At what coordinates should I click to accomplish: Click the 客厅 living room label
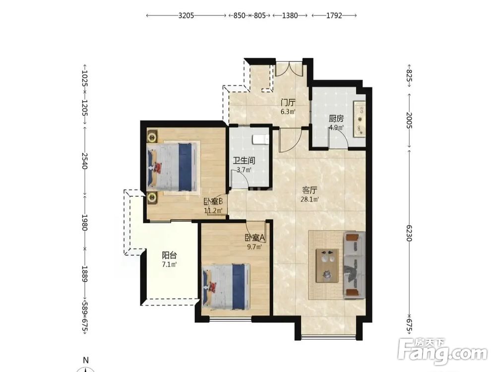310,190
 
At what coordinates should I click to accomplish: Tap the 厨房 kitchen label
336,119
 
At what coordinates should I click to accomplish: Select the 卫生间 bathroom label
244,161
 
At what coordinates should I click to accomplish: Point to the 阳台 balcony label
169,255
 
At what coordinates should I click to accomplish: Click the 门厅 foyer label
288,103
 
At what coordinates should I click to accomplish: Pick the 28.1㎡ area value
310,199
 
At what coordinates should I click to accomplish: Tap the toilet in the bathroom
261,139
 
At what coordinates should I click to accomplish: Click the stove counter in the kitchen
360,119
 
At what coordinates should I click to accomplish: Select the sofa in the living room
354,265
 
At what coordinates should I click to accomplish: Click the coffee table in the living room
327,265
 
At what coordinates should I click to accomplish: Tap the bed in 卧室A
226,287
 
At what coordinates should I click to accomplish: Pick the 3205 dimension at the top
186,15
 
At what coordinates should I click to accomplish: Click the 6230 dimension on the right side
409,233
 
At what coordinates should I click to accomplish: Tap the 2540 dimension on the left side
85,161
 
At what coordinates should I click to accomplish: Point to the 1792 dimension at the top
334,15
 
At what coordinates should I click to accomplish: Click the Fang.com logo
442,352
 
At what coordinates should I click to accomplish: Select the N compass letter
86,360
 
